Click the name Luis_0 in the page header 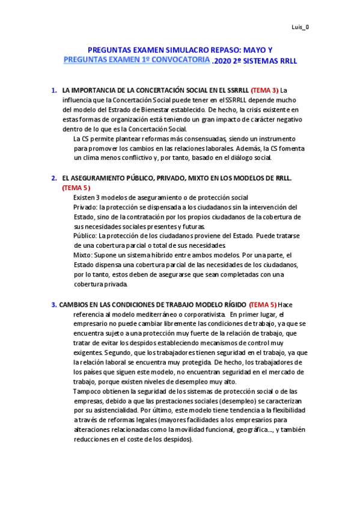[301, 26]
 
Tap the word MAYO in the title [244, 51]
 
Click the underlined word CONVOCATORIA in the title [180, 61]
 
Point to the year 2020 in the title [223, 61]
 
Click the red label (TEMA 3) [264, 91]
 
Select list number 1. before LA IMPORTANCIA [54, 91]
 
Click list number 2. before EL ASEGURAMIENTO [54, 179]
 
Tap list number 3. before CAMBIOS [54, 305]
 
